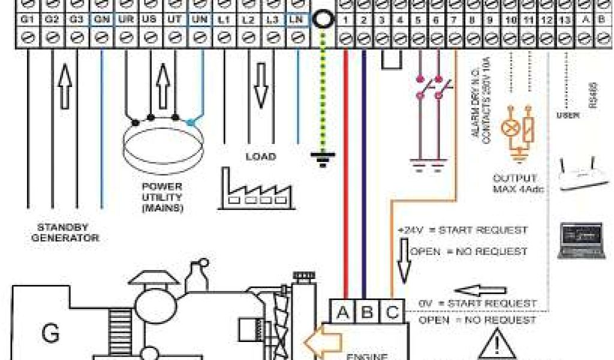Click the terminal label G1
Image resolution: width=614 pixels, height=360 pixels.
(x=26, y=20)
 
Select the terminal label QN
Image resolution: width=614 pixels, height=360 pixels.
(x=100, y=20)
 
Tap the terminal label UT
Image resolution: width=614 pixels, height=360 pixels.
(x=174, y=20)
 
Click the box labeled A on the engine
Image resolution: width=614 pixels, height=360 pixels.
(x=343, y=311)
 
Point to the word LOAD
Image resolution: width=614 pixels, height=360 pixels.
(x=260, y=157)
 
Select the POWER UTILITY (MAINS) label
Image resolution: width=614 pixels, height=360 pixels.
(x=162, y=196)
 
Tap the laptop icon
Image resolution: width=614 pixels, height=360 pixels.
(x=580, y=239)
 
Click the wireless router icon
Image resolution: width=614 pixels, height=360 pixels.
(x=579, y=175)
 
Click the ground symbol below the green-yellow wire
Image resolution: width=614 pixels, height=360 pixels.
(x=323, y=158)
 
